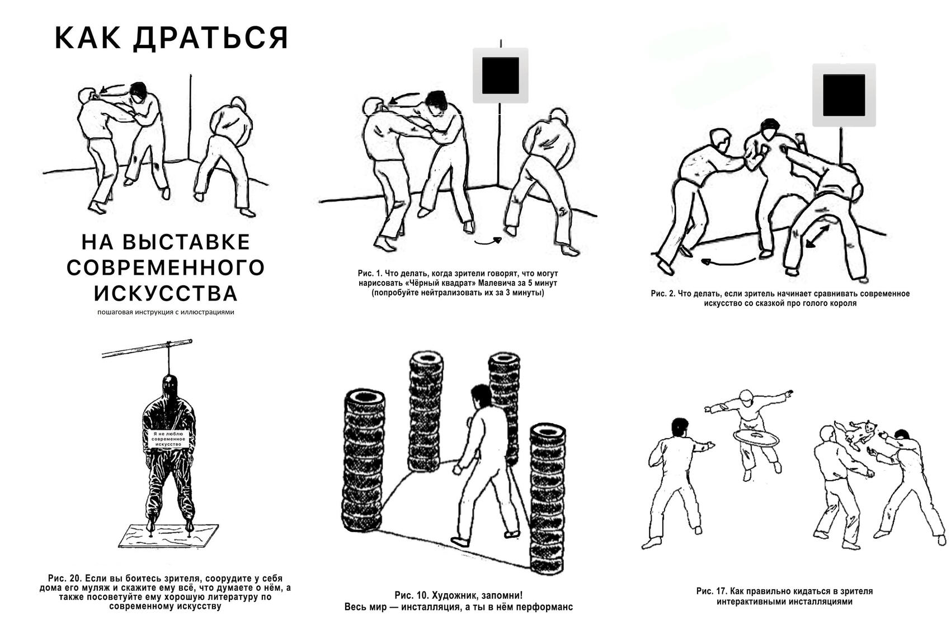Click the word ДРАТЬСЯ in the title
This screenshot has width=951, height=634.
pos(211,38)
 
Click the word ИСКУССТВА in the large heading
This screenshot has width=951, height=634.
pos(166,293)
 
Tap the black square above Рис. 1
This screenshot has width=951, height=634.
pos(500,76)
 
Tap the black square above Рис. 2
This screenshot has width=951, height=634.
pos(844,95)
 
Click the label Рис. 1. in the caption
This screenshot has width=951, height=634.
pos(370,274)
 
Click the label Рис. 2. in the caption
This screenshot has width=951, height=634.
pos(663,293)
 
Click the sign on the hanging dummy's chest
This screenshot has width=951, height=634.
pos(170,439)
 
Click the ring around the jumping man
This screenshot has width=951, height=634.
pos(754,436)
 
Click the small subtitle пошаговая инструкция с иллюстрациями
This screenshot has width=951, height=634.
pos(166,312)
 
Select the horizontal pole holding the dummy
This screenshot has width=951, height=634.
pos(147,348)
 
